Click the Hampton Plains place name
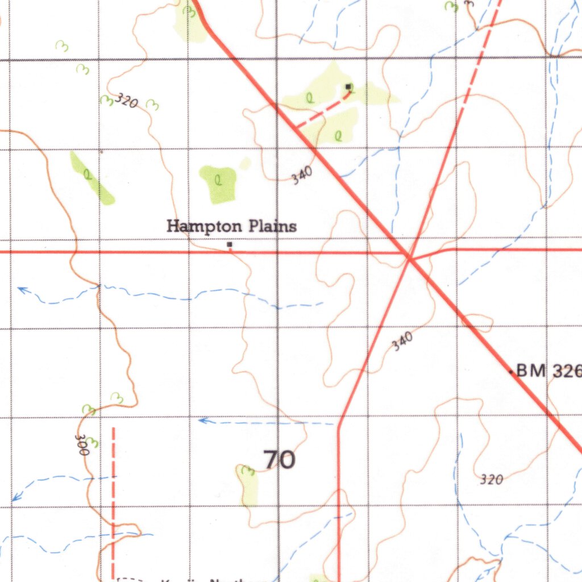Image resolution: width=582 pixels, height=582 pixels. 231,226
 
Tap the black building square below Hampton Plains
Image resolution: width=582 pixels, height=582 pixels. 230,245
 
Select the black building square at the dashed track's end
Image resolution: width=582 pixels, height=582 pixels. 348,86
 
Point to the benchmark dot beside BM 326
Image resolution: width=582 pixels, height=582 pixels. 511,372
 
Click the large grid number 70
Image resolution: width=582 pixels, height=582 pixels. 280,459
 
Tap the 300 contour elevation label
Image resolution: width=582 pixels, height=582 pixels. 82,445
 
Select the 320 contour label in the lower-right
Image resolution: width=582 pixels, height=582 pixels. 491,480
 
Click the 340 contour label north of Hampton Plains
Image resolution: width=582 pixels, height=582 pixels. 302,178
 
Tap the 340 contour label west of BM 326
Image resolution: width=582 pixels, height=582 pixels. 402,341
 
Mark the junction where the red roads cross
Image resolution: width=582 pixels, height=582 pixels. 409,259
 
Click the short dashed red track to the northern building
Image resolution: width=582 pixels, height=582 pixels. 322,109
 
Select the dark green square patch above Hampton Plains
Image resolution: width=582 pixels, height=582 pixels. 218,184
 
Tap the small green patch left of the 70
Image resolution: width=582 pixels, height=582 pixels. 248,485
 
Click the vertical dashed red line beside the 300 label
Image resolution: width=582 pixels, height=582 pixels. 113,500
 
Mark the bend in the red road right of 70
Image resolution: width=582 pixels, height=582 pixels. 339,423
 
